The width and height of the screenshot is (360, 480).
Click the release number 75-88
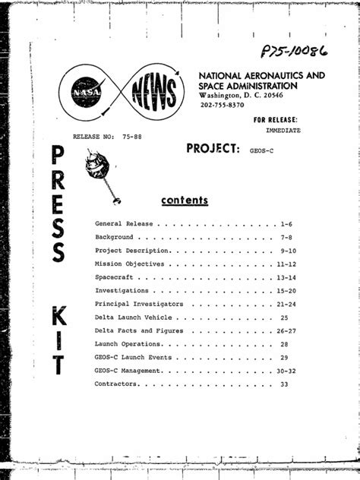[134, 137]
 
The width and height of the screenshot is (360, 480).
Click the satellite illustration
[105, 170]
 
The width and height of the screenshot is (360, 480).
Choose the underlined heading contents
[185, 201]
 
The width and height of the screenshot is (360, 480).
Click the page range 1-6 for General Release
[286, 225]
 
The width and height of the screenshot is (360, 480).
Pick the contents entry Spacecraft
[114, 278]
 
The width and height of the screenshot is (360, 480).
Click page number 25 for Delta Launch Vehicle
[284, 317]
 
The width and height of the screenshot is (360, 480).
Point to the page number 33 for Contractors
[284, 384]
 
